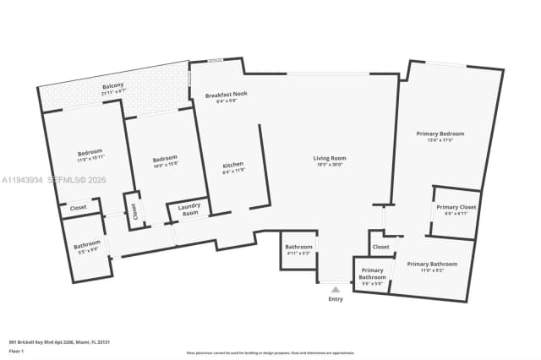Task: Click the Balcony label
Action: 113,86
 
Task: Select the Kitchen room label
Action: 233,166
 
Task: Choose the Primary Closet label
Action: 456,209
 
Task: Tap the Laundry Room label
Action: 190,211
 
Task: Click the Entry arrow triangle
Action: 336,289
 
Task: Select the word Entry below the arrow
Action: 336,299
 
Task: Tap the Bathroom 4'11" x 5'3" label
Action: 298,248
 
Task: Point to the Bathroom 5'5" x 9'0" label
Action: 87,248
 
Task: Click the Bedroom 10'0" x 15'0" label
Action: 165,161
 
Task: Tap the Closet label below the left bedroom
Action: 78,207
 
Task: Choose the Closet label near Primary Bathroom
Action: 380,247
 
